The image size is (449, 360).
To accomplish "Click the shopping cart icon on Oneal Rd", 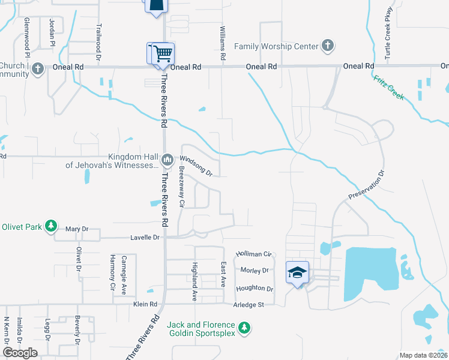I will (161, 53).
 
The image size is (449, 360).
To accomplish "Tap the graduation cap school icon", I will (297, 272).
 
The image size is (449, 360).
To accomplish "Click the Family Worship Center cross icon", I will (328, 45).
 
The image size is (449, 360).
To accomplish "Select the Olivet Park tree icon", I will (52, 226).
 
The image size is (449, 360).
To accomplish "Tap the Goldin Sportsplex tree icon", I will (244, 328).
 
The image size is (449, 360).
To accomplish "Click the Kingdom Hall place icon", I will (167, 160).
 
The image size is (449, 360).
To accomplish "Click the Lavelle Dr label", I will (146, 238).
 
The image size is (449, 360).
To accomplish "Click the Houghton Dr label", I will (255, 289).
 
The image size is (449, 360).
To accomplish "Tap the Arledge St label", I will (249, 305).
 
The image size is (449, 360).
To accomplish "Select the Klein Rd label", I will (145, 305).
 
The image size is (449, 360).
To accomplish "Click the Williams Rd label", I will (223, 43).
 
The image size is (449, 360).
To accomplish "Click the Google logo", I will (20, 353).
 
